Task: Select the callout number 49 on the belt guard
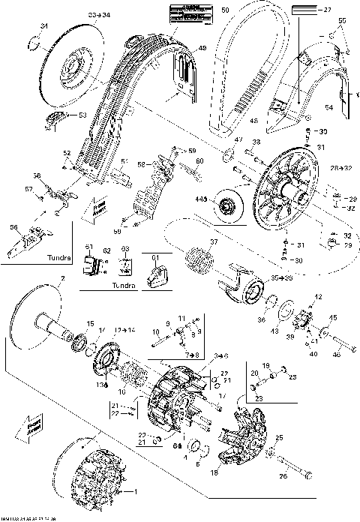[202, 49]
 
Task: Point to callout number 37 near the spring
[214, 242]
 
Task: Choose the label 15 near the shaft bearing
[90, 324]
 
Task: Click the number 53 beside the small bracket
[82, 115]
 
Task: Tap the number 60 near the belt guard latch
[199, 160]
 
